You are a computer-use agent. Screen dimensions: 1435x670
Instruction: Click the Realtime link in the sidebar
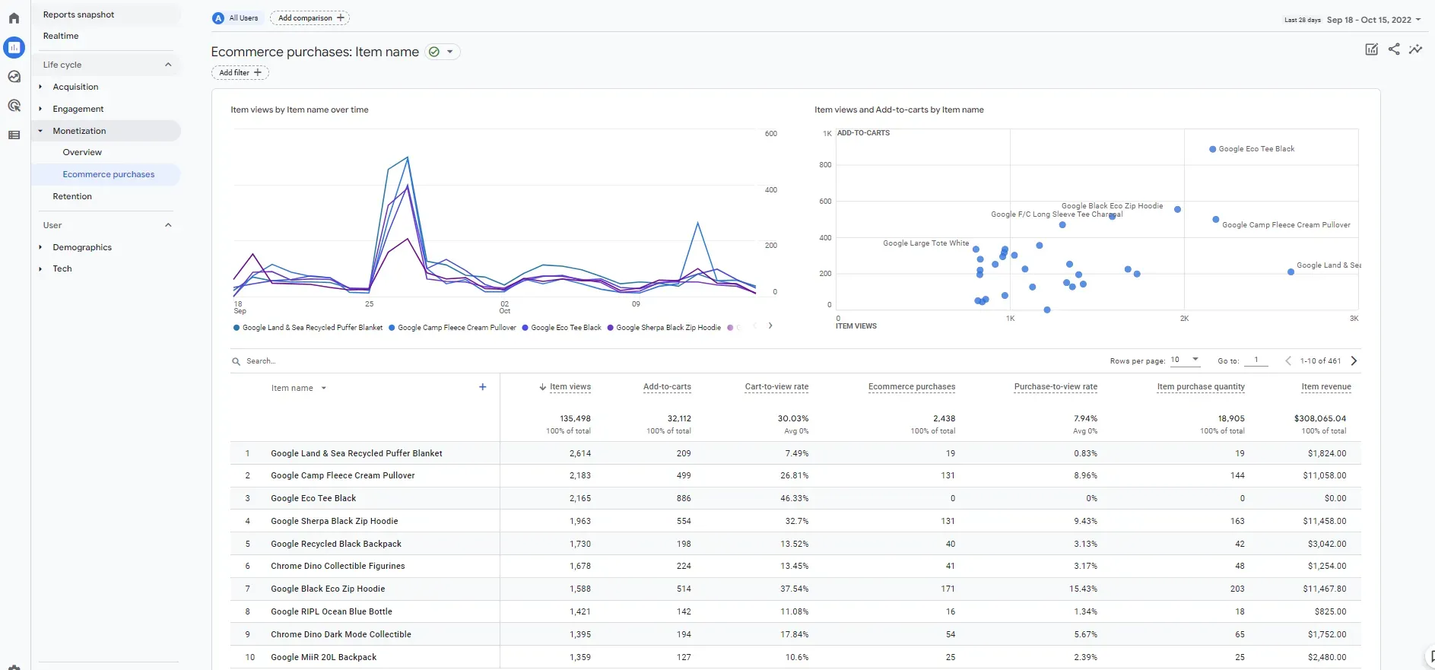tap(61, 36)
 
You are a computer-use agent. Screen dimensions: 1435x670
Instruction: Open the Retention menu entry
tap(72, 196)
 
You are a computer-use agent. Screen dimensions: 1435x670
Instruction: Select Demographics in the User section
tap(82, 247)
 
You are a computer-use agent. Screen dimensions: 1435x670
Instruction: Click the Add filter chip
tap(240, 73)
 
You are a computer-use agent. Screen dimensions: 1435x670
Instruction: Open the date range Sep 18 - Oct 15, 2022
tap(1369, 20)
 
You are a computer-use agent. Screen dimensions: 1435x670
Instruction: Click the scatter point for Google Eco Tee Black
tap(1212, 149)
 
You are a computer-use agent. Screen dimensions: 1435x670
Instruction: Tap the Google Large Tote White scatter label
tap(925, 243)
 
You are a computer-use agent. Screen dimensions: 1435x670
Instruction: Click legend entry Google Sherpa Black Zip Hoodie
tap(668, 328)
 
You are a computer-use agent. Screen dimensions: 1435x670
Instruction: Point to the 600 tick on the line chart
tap(771, 134)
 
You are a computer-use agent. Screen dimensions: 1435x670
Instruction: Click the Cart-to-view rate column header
tap(776, 387)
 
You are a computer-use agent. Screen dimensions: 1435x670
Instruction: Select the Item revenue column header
tap(1326, 387)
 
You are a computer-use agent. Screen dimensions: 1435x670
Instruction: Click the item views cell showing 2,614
tap(580, 453)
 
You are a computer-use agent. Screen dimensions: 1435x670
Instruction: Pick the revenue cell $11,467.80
tap(1324, 589)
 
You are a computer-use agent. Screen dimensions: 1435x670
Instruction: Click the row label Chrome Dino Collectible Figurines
tap(338, 566)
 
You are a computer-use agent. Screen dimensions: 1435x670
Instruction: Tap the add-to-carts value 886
tap(684, 498)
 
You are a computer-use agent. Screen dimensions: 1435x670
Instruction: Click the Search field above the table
tap(261, 361)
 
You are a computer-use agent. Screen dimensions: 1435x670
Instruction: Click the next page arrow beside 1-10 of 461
tap(1354, 361)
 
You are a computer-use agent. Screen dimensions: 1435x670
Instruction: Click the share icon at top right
tap(1394, 49)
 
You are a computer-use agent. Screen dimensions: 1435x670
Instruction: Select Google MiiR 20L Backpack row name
tap(323, 657)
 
